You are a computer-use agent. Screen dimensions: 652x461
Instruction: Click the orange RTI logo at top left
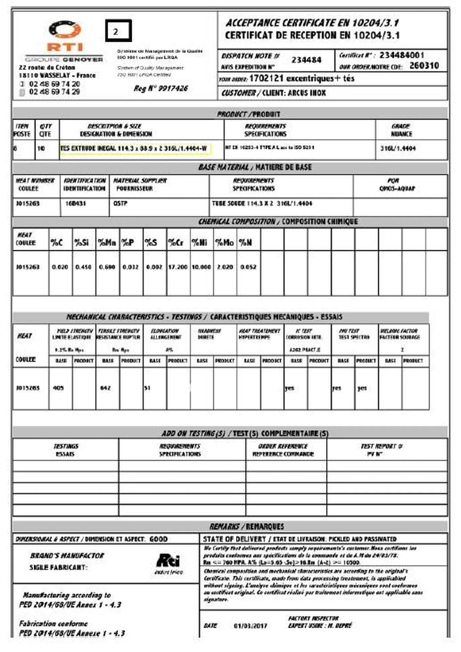coord(65,36)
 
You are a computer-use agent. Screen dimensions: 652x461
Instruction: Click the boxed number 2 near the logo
coord(118,31)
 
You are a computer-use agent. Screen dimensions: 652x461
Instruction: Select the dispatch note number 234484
coord(306,60)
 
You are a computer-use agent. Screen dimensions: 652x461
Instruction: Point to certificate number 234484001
coord(402,55)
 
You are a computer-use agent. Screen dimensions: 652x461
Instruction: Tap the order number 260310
coord(424,66)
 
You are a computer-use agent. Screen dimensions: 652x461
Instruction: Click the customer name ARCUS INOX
coord(307,93)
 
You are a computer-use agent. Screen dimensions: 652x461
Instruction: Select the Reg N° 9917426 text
coord(160,89)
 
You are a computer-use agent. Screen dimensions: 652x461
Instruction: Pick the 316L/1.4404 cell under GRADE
coord(398,148)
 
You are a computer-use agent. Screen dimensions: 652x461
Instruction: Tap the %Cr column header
coord(176,242)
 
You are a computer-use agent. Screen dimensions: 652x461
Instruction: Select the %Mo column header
coord(224,242)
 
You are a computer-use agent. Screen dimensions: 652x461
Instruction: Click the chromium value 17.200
coord(178,267)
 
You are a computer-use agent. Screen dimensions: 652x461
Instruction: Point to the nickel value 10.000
coord(201,267)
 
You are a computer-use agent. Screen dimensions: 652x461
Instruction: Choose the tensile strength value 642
coord(105,388)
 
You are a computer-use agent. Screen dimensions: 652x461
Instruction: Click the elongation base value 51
coord(147,388)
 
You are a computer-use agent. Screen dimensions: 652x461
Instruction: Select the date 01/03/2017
coord(250,626)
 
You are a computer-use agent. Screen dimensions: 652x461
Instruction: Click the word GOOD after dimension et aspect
coord(158,539)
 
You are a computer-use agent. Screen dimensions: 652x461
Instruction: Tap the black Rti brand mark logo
coord(168,561)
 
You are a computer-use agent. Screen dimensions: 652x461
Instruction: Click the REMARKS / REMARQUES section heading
coord(246,526)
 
